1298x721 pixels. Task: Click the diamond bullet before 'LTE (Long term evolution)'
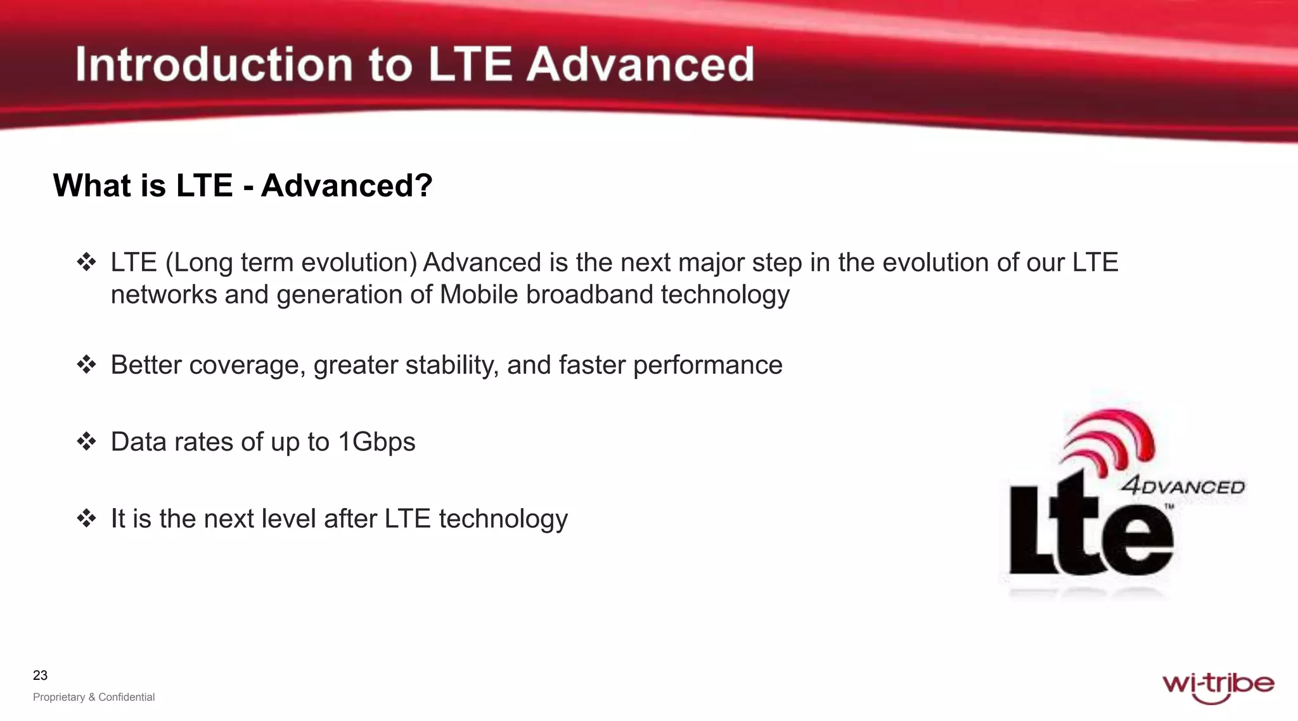(86, 262)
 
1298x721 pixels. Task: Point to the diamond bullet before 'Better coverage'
(86, 364)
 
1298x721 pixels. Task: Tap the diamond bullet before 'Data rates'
(86, 441)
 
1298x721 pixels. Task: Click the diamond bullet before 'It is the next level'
(86, 518)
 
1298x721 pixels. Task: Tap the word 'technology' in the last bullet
(503, 519)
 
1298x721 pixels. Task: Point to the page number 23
(40, 675)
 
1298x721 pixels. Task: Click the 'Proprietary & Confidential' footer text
(94, 697)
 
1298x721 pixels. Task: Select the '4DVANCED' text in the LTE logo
(1183, 487)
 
